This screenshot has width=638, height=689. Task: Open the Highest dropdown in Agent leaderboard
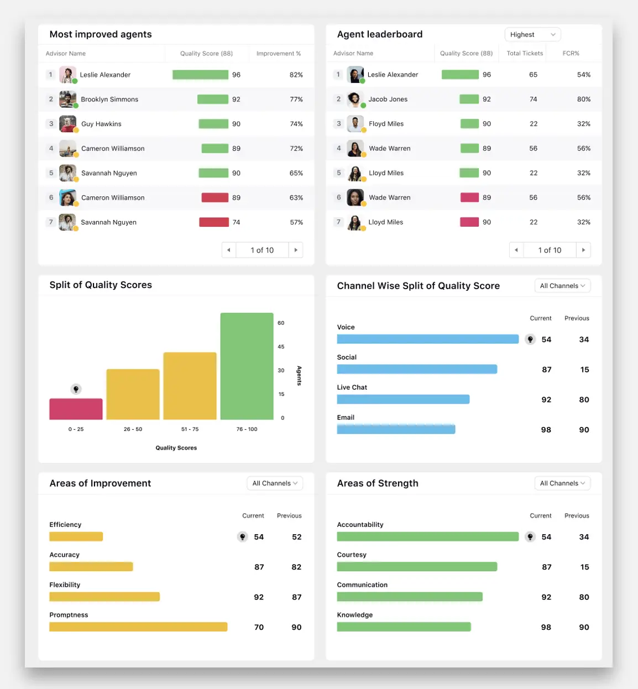(532, 34)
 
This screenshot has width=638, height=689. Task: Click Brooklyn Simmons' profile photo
(67, 99)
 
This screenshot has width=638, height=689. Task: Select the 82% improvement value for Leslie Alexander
(296, 75)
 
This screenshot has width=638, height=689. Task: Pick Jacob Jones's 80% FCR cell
(583, 100)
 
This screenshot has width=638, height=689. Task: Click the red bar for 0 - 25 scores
(76, 409)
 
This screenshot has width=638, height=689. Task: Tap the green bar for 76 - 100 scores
(247, 366)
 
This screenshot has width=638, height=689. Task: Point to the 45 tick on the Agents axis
(281, 347)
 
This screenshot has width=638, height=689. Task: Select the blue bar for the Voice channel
(427, 340)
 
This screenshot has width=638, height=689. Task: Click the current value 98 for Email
(546, 430)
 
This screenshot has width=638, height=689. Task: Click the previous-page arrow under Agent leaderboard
(516, 250)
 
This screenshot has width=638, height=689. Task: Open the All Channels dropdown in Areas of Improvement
(275, 483)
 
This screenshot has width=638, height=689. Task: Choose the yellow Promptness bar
(138, 627)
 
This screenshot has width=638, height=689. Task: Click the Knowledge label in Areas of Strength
(354, 615)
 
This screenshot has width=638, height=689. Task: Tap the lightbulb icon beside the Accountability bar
(530, 537)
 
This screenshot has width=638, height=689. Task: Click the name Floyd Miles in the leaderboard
(386, 124)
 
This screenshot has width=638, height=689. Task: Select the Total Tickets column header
(525, 54)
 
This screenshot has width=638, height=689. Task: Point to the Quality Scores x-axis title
(176, 448)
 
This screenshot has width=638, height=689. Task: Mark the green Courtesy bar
(417, 567)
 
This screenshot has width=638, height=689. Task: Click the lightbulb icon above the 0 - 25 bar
(76, 389)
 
